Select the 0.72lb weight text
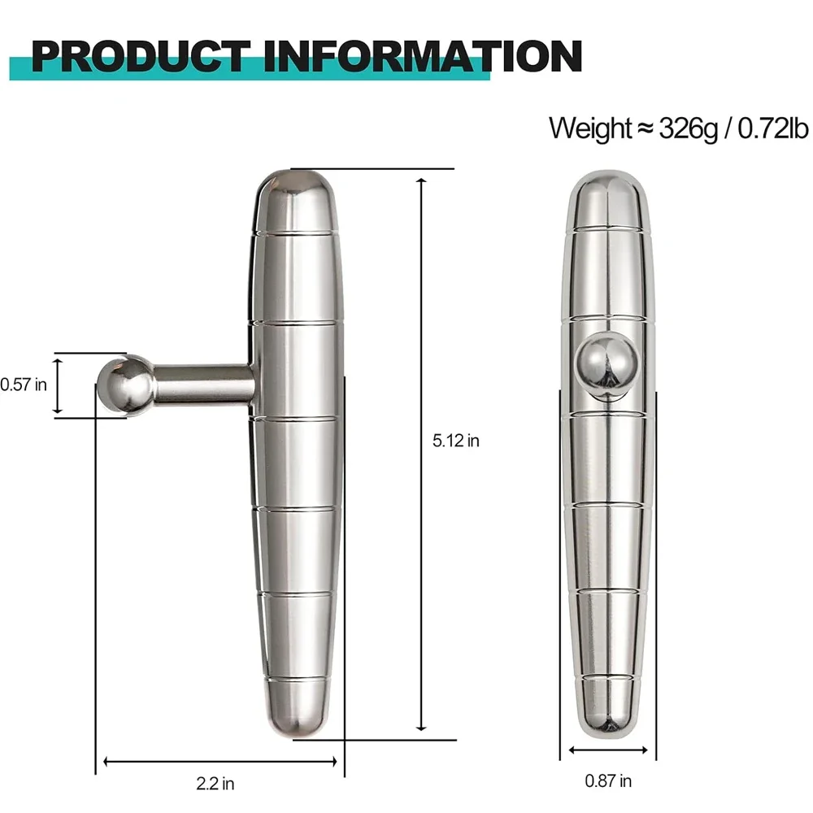[x=773, y=128]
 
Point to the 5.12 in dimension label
[x=456, y=441]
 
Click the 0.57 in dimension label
[x=23, y=385]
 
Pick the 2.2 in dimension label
[x=215, y=785]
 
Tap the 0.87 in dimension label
[x=608, y=781]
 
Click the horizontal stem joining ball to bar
[x=203, y=384]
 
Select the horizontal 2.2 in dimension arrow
[x=220, y=762]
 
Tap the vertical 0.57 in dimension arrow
[x=58, y=385]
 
